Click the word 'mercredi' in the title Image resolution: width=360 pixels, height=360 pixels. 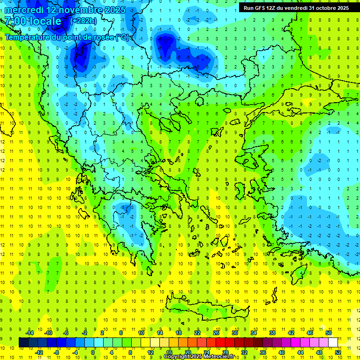point(25,10)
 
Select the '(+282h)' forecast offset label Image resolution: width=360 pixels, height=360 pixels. point(83,21)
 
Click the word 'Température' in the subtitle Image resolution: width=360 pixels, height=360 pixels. point(28,37)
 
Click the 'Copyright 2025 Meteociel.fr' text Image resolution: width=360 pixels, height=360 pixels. point(199,357)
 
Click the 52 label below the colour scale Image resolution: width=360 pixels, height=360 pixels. point(338,352)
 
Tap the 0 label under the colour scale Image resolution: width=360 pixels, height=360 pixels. point(93,352)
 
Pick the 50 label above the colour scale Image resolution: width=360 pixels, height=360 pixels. point(329,333)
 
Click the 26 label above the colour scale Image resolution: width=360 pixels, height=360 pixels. point(216,333)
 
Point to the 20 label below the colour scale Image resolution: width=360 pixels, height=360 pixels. point(187,352)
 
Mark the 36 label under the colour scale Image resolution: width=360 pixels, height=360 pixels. point(263,352)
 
